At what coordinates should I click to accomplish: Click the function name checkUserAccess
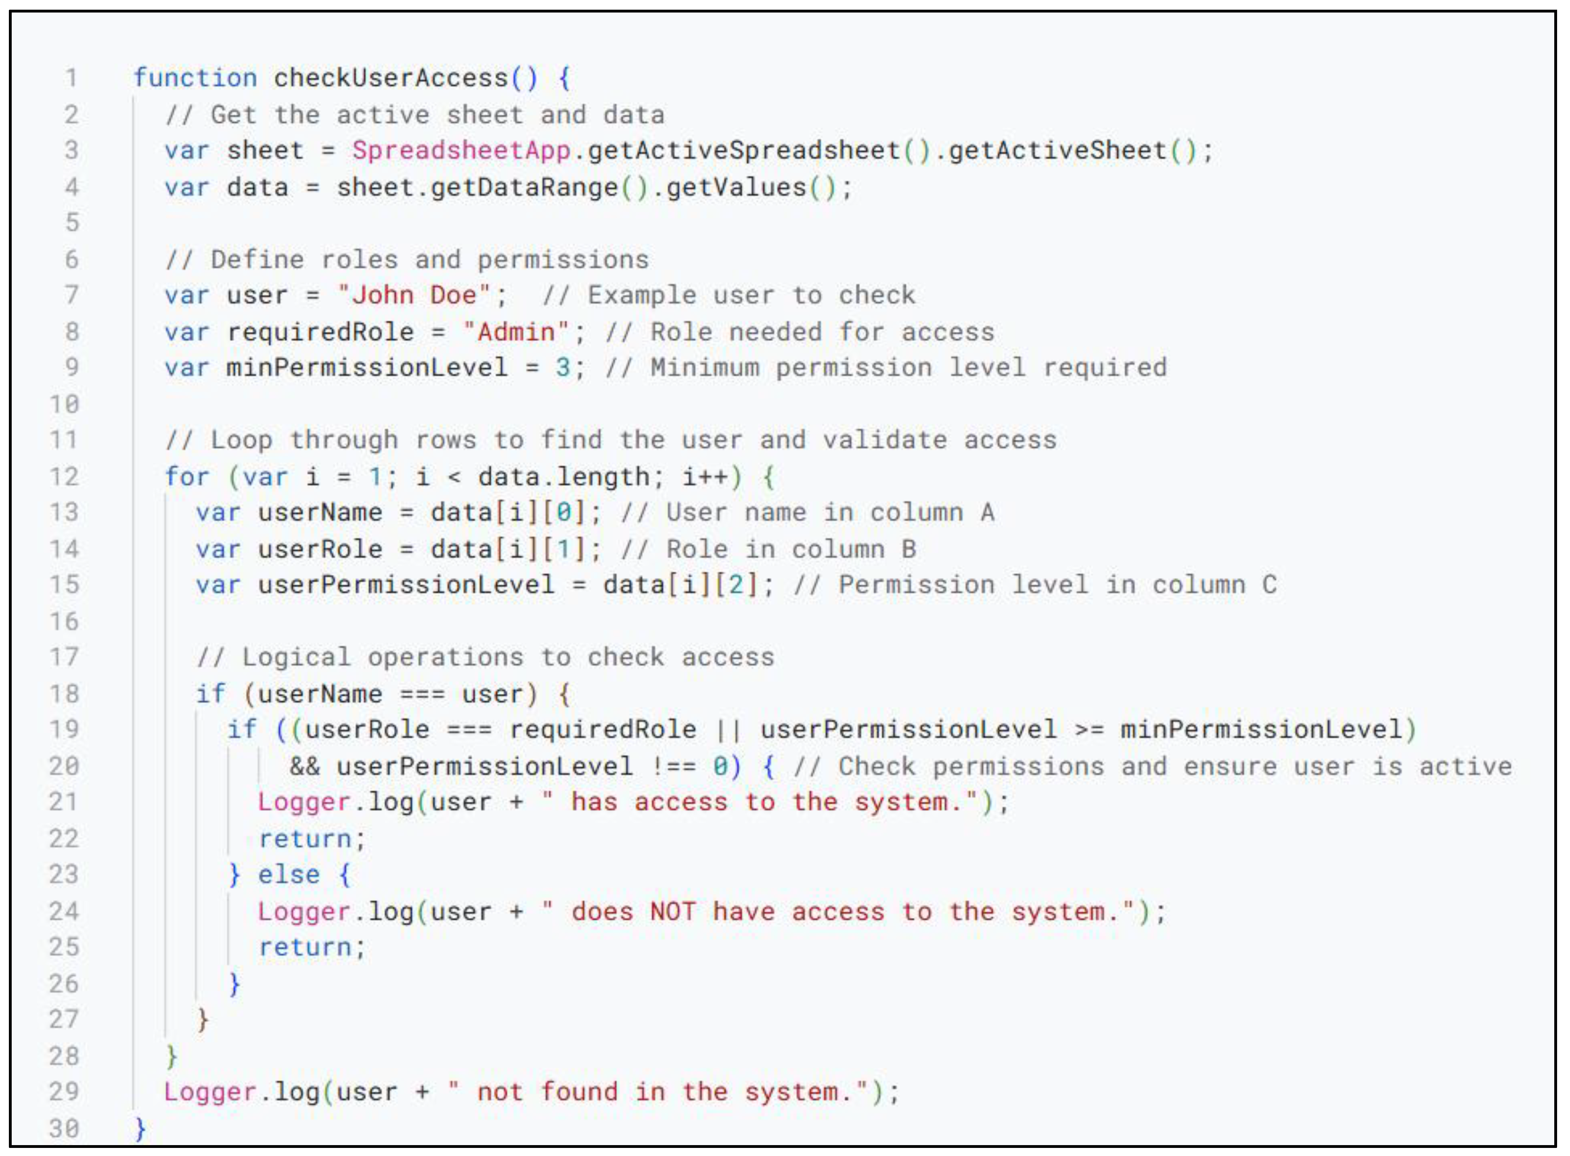[390, 77]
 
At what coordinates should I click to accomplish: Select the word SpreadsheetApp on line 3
[461, 151]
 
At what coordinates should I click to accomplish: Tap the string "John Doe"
[414, 295]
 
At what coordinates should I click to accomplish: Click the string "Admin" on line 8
[516, 332]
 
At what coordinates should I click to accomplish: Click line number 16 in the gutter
[64, 621]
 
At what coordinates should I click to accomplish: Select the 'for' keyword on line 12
[187, 477]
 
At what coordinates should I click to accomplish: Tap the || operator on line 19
[728, 729]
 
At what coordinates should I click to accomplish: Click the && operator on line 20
[305, 766]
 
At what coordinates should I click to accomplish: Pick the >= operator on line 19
[1089, 729]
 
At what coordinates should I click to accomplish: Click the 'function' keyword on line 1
[195, 77]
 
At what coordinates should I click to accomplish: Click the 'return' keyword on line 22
[305, 838]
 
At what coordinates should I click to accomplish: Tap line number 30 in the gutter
[64, 1128]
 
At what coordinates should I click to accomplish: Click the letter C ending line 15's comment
[1269, 584]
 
